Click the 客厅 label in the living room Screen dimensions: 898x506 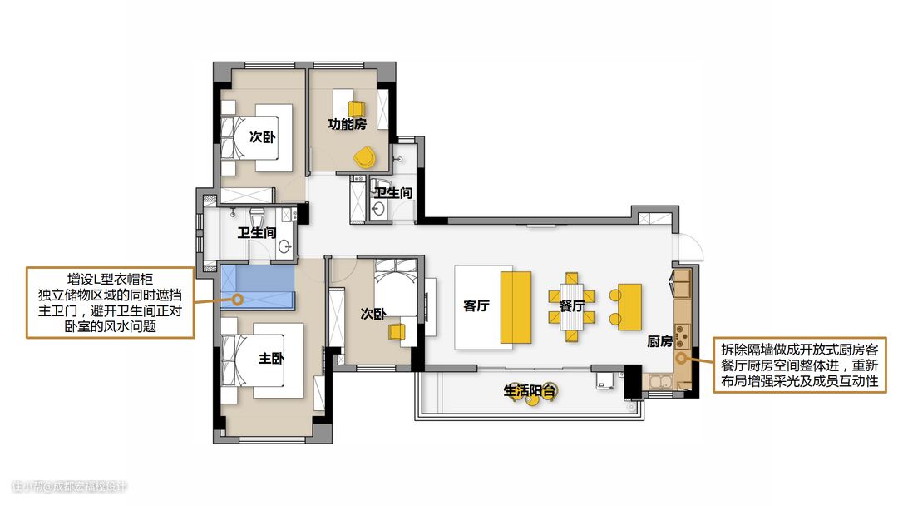tap(476, 306)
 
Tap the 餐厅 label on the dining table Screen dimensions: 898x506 tap(571, 306)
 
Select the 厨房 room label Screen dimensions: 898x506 tap(659, 341)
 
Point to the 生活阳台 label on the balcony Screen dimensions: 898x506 tap(530, 391)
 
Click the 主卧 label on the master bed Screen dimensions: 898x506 tap(271, 359)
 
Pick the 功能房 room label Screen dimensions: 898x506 tap(347, 124)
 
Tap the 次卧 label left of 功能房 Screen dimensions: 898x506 tap(262, 137)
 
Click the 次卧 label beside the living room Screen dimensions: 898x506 tap(373, 314)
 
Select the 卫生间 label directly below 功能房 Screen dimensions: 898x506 tap(393, 193)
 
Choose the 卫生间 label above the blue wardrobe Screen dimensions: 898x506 tap(257, 233)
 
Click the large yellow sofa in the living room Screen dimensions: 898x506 tap(516, 307)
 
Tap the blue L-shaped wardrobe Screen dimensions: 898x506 tap(257, 287)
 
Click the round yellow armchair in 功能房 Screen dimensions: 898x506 tap(364, 156)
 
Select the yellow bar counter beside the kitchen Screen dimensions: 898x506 tap(629, 306)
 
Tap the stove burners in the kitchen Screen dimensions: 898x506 tap(681, 336)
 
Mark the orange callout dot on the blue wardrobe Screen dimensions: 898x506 tap(237, 299)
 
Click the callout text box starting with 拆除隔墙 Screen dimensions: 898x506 tap(800, 365)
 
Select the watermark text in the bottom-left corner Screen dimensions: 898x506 tap(69, 487)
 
